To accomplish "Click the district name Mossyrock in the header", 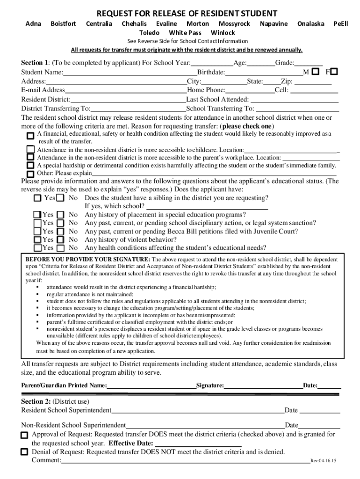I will click(234, 23).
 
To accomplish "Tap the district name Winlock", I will click(223, 33).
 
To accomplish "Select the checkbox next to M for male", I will click(316, 72).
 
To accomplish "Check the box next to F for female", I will click(334, 72).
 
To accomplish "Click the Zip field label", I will click(287, 81).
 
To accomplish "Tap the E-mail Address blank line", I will click(126, 90).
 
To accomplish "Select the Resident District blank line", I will click(128, 100).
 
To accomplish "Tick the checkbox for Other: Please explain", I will click(30, 174).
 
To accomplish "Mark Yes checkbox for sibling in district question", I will click(38, 198).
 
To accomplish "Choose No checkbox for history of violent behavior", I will click(60, 239).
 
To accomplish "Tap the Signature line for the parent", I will click(263, 386).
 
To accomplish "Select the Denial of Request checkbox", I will click(24, 452).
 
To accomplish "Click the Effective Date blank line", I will click(198, 444).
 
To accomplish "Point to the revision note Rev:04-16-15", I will click(324, 461).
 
